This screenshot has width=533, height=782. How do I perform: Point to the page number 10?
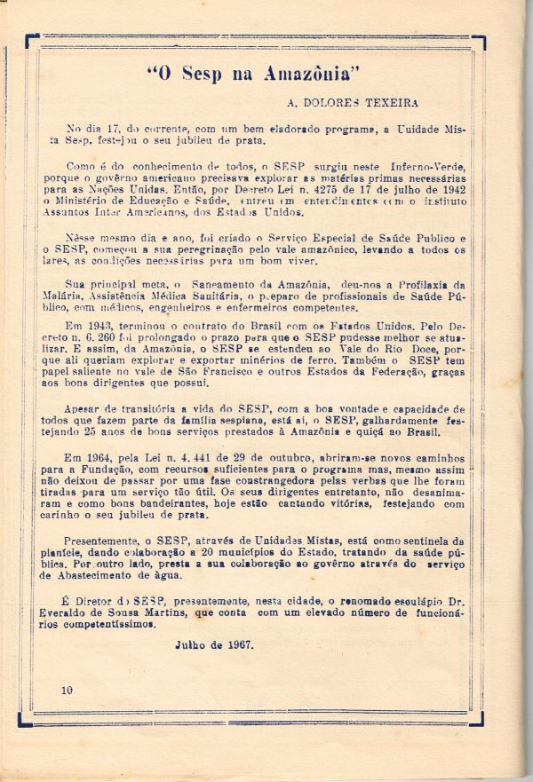pyautogui.click(x=68, y=690)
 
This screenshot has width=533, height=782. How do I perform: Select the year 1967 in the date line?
pyautogui.click(x=237, y=644)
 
